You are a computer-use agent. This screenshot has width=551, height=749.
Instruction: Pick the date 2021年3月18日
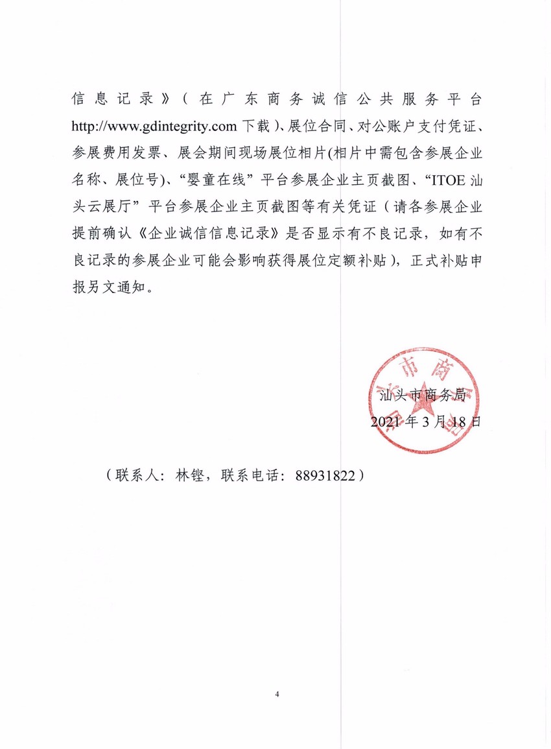tap(426, 422)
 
